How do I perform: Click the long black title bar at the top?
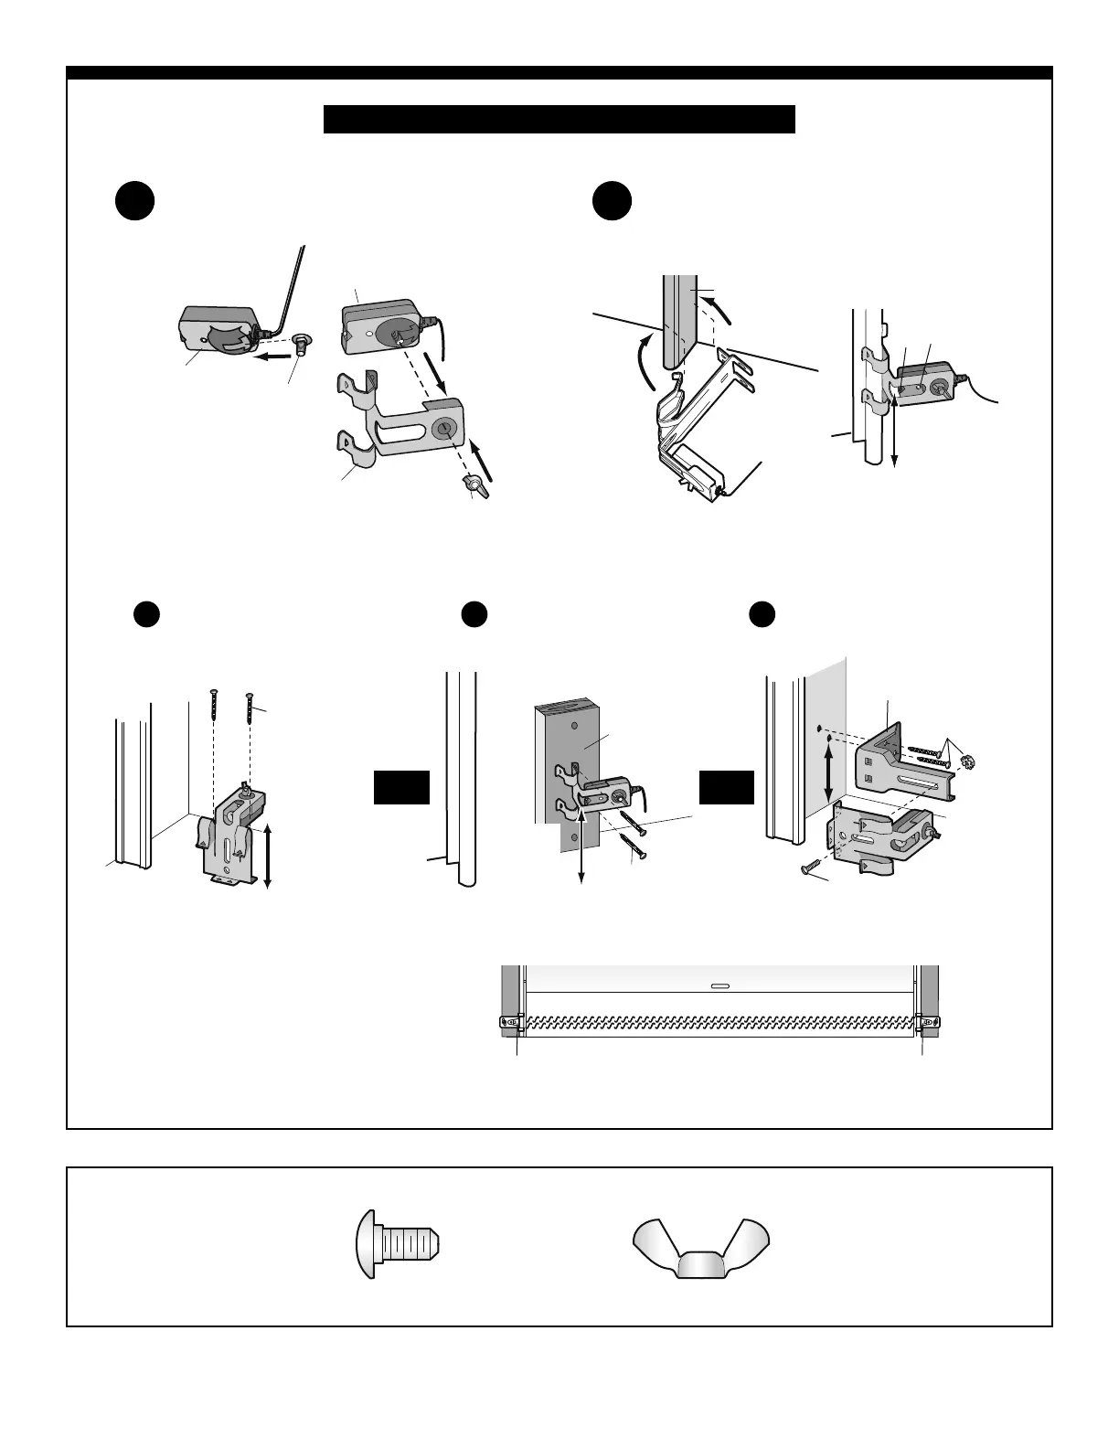point(559,119)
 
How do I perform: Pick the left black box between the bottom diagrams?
point(401,787)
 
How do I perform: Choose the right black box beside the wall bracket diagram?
point(727,787)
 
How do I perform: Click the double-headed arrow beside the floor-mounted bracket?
point(267,857)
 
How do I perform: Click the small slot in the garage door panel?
point(719,985)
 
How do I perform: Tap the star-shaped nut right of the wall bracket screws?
point(968,761)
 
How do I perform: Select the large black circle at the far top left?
point(134,201)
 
